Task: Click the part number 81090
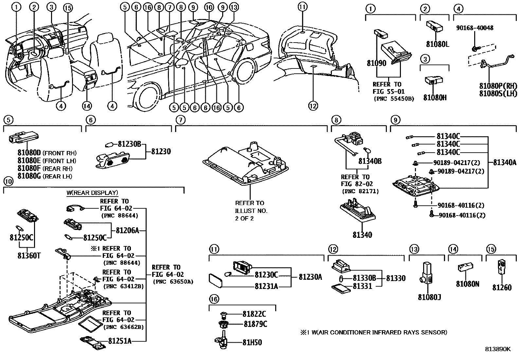(376, 63)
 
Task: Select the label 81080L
(438, 44)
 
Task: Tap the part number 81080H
(435, 98)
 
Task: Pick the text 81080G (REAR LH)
(45, 176)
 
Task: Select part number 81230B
(129, 143)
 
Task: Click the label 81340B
(370, 161)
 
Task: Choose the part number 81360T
(29, 256)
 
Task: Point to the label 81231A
(266, 286)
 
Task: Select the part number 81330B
(364, 278)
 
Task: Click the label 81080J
(429, 297)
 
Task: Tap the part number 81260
(502, 288)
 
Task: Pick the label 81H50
(252, 342)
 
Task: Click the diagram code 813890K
(497, 349)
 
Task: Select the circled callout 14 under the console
(87, 106)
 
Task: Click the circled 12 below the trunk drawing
(313, 106)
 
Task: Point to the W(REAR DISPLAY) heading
(92, 193)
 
